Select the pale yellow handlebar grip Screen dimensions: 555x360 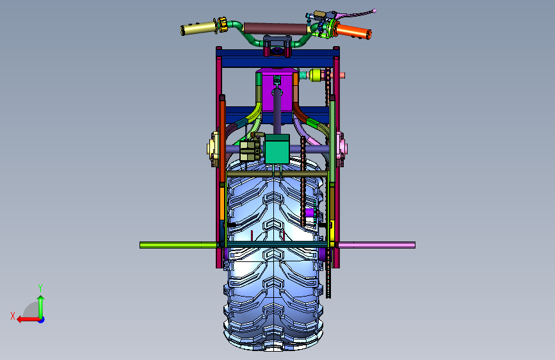point(198,28)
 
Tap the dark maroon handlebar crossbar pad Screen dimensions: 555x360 point(275,29)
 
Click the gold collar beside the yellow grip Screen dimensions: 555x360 point(222,25)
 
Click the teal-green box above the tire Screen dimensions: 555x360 point(277,149)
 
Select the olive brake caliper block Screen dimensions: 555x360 point(250,151)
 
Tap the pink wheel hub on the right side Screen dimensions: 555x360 point(341,149)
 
